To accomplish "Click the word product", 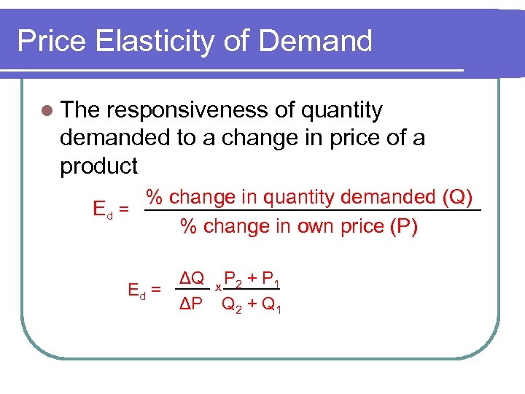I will pyautogui.click(x=98, y=166).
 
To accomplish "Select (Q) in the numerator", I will pyautogui.click(x=458, y=197).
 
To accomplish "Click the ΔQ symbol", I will pyautogui.click(x=193, y=278).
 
